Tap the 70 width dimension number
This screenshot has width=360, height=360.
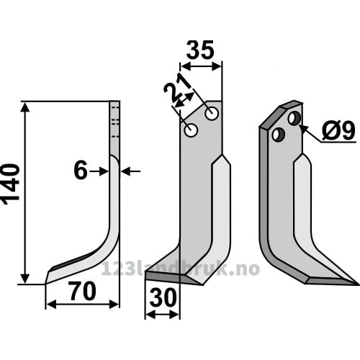(83, 292)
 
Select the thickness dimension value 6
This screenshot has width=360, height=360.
(81, 171)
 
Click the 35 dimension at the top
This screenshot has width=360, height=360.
(200, 50)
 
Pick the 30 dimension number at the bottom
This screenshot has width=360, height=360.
(163, 298)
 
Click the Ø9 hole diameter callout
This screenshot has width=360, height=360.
(338, 131)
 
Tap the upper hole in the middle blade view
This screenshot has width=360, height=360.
(212, 114)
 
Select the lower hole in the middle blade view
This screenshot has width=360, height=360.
(191, 130)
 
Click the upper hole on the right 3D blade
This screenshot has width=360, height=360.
(294, 118)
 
